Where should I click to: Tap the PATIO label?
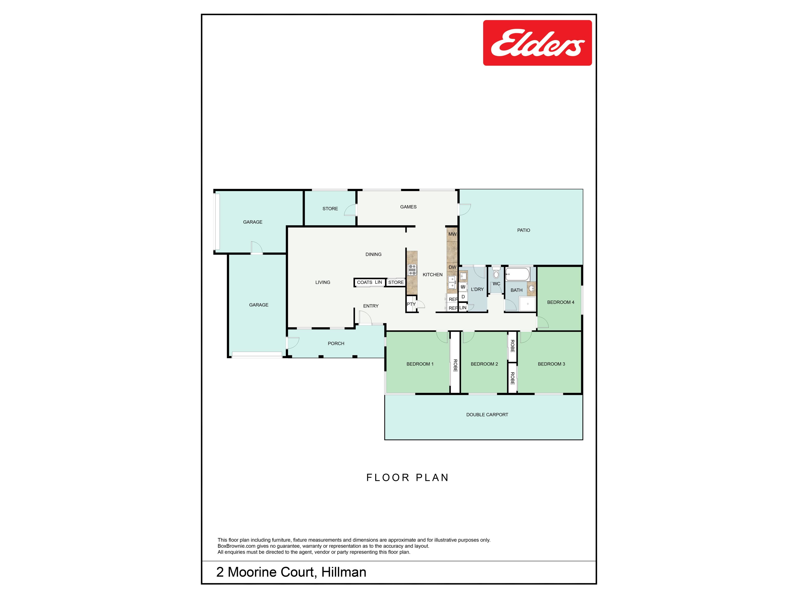click(x=523, y=230)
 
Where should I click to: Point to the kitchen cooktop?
click(x=412, y=270)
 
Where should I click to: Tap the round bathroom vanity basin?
click(x=531, y=288)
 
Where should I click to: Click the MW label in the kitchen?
click(x=452, y=234)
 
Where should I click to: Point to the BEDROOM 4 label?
click(x=561, y=302)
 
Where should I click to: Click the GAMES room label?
click(x=408, y=207)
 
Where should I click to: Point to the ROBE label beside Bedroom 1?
click(x=455, y=365)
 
